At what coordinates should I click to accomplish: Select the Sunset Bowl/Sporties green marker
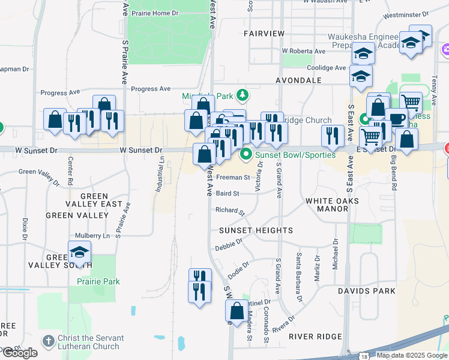tap(246, 155)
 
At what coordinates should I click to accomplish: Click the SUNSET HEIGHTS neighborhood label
tap(256, 230)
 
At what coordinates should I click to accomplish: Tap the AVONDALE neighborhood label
tap(298, 80)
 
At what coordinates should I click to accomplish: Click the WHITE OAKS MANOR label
tap(327, 205)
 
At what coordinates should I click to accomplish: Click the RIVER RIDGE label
tap(315, 337)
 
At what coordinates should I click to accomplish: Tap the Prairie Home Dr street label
tap(157, 13)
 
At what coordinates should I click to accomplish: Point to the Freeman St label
tap(233, 178)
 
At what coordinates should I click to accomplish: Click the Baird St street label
tap(228, 194)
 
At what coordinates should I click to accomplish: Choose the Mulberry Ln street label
tap(92, 236)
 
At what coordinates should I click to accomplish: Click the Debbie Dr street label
tap(229, 245)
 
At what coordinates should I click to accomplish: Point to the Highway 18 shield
tap(365, 356)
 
